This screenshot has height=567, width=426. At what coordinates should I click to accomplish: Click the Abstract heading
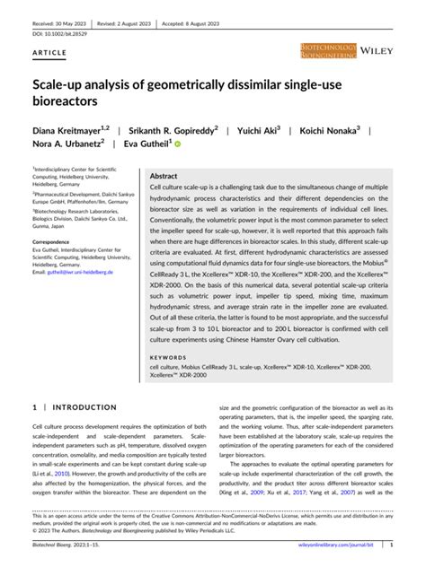[x=163, y=177]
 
